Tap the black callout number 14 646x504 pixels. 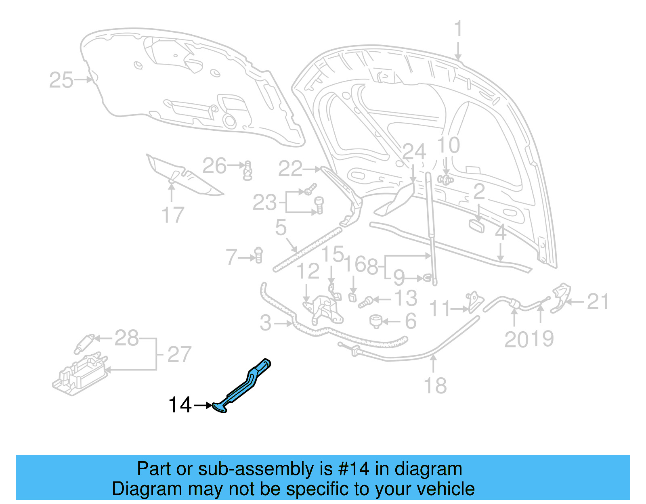click(x=180, y=405)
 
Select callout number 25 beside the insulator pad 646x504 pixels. click(x=61, y=80)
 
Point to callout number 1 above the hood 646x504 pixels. click(x=458, y=29)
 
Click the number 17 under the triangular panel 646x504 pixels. click(x=173, y=215)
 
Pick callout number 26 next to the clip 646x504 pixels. click(x=214, y=166)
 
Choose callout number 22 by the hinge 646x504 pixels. click(x=290, y=169)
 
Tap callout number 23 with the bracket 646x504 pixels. click(x=264, y=203)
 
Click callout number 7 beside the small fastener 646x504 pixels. click(x=231, y=257)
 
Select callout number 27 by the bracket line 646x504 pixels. click(x=179, y=354)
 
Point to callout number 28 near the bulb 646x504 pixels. click(x=127, y=338)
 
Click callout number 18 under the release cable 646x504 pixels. click(x=435, y=385)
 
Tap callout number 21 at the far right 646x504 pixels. click(x=598, y=301)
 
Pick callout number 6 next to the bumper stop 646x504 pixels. click(x=411, y=322)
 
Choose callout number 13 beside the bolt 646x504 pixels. click(x=405, y=299)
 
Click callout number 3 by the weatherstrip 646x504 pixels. click(x=266, y=323)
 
